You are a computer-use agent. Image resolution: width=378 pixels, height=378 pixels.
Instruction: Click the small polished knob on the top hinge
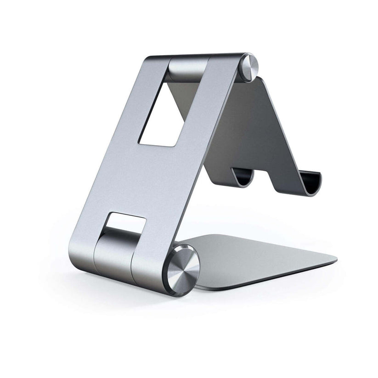[x=250, y=67]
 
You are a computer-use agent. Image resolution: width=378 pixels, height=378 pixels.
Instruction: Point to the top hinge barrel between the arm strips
[x=188, y=69]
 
